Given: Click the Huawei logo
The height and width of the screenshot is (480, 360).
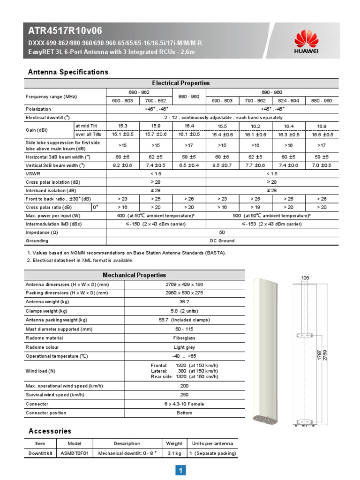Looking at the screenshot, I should [306, 42].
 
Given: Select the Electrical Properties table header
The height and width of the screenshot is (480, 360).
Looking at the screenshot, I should [181, 83].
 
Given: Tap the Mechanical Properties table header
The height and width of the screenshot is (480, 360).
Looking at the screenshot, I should [135, 275].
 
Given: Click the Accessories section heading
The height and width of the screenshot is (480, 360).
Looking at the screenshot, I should [50, 431].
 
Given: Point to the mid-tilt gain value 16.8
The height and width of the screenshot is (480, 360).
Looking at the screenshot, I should [322, 126].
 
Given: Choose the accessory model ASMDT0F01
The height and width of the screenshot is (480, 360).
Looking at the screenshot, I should [75, 453].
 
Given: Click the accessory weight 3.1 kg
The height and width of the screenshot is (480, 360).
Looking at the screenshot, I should [174, 453].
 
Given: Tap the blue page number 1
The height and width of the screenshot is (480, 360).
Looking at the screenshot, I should [180, 470].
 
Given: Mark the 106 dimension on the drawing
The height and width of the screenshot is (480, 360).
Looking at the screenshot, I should [305, 278].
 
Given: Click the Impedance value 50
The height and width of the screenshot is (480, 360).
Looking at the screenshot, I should [222, 232].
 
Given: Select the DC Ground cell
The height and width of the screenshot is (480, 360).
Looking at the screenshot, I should [222, 241].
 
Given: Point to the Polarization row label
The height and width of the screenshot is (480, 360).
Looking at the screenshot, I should [39, 109].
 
